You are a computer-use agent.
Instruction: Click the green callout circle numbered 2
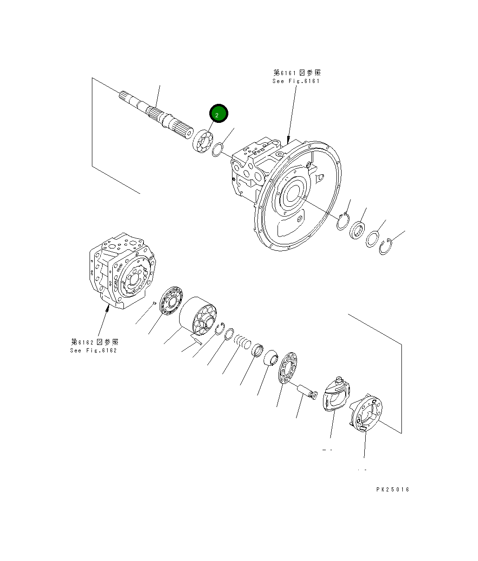tap(219, 114)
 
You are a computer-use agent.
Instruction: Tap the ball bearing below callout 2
tap(202, 140)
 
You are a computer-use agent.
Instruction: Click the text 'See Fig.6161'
tap(296, 81)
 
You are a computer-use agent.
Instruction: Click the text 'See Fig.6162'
tap(94, 350)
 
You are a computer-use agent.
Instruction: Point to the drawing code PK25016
tap(393, 489)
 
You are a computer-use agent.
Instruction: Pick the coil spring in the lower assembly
tap(242, 342)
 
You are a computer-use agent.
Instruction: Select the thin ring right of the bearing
tap(217, 150)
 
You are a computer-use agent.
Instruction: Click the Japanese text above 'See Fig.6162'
tap(95, 342)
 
